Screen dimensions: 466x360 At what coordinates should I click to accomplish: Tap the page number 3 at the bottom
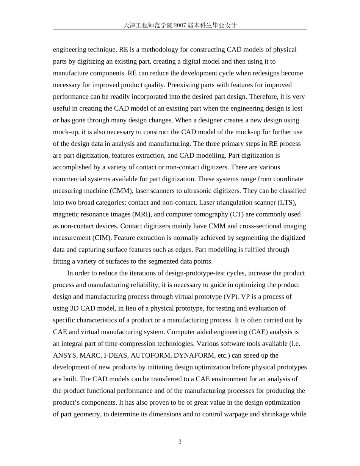click(180, 441)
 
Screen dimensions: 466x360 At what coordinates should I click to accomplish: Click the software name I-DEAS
click(115, 355)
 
